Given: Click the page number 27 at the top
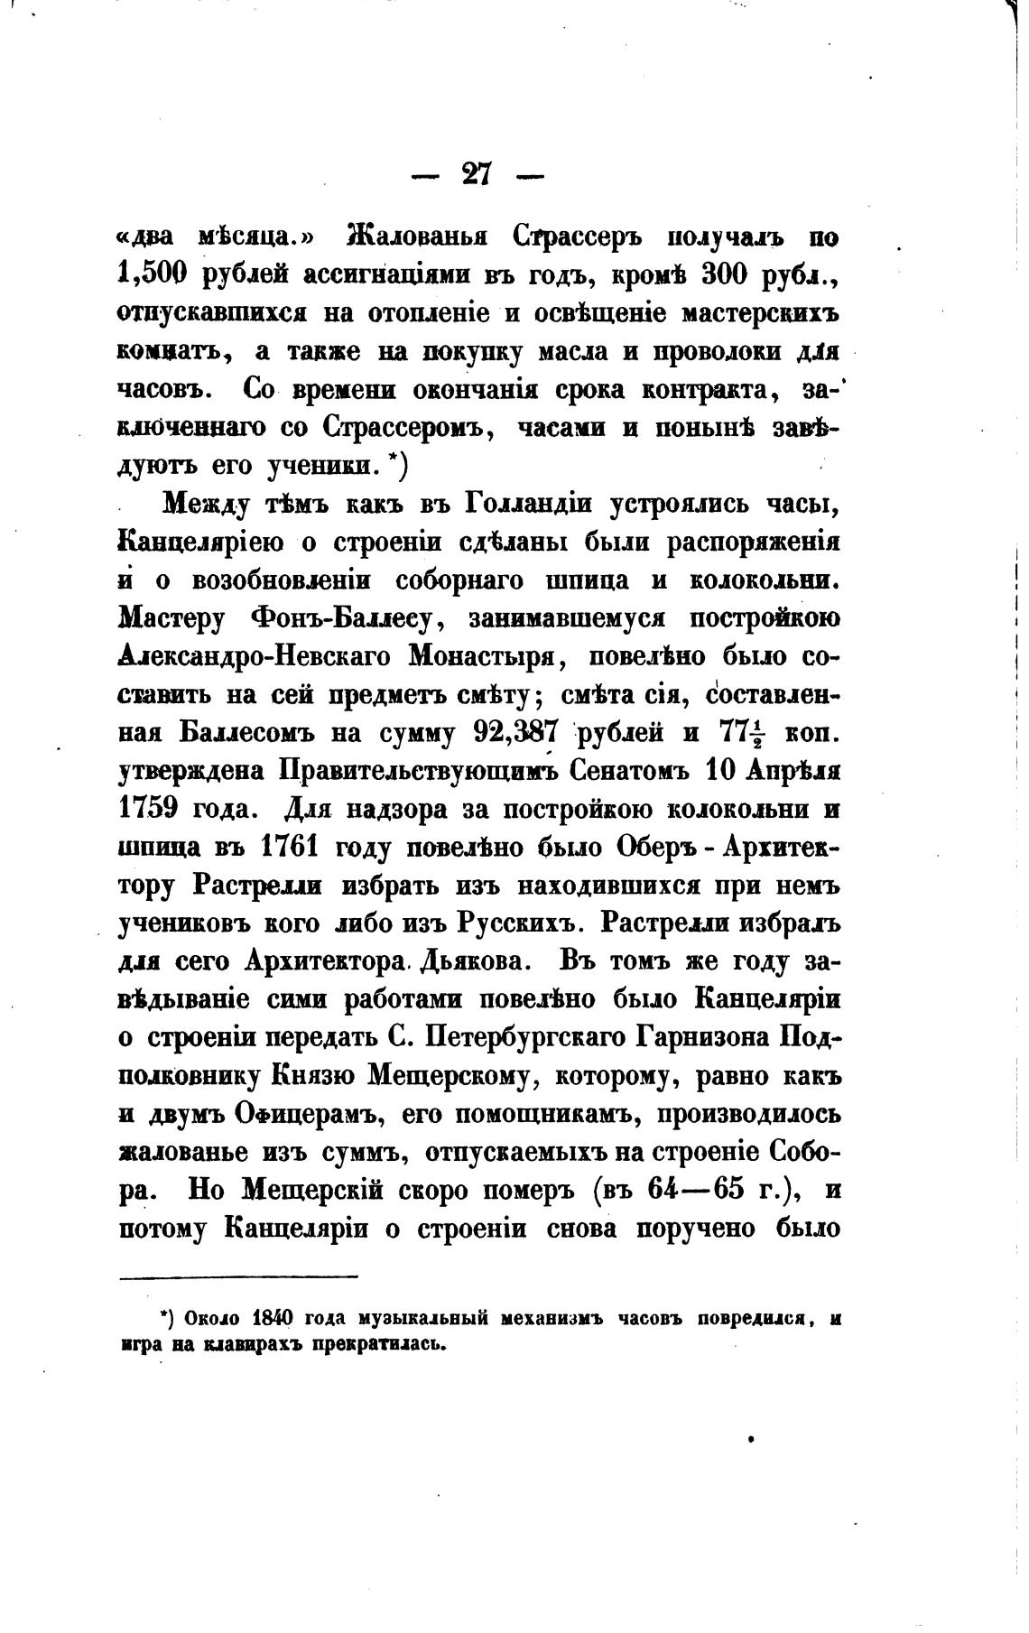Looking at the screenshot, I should pyautogui.click(x=476, y=172).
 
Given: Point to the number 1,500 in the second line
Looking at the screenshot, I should pyautogui.click(x=153, y=277).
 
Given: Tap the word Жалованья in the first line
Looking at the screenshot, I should pyautogui.click(x=417, y=239).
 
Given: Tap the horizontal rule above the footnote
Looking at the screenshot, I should pyautogui.click(x=238, y=1276).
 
